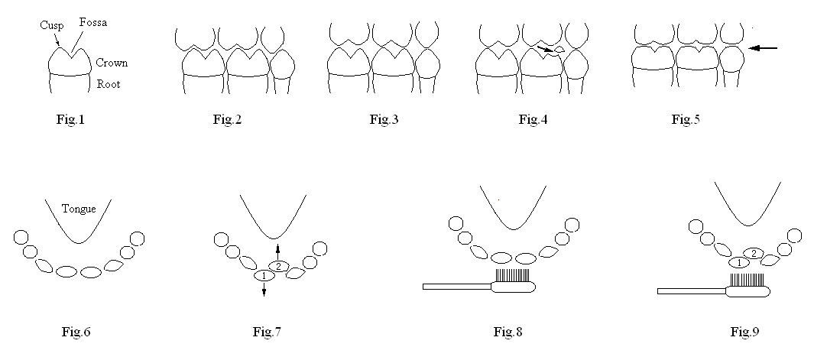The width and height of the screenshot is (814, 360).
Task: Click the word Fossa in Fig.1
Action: pos(92,23)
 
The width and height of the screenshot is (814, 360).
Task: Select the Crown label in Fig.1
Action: pos(112,63)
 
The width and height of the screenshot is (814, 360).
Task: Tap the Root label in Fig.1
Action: pos(108,84)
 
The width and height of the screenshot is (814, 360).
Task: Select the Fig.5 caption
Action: pos(686,119)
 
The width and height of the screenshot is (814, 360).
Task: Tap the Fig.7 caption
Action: pos(268,332)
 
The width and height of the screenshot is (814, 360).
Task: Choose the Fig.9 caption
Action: pos(744,332)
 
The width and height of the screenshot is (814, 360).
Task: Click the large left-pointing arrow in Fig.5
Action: pos(764,48)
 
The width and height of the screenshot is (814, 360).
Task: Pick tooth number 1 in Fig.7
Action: pos(264,275)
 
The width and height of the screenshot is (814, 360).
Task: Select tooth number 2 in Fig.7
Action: pos(278,266)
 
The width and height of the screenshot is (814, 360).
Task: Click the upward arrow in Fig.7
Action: pos(278,251)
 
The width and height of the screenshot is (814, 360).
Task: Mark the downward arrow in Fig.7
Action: pos(264,290)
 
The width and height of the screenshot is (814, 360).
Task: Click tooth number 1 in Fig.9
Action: pos(739,263)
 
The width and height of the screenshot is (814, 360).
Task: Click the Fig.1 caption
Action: pos(70,119)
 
